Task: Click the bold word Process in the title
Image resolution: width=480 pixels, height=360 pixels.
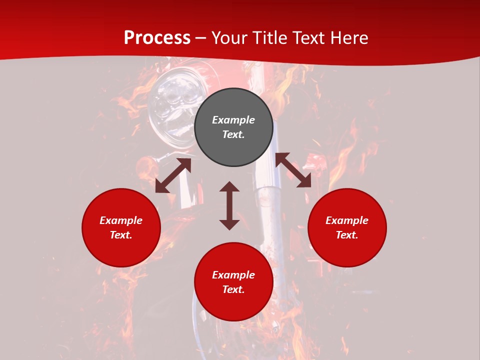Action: (x=157, y=38)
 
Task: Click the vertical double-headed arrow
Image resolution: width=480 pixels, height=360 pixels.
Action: (x=229, y=205)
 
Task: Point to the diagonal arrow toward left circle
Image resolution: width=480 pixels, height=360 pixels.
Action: (x=173, y=175)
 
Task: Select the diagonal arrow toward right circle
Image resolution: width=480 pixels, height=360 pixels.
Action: (x=293, y=170)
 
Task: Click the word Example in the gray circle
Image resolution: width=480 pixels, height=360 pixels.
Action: (x=233, y=120)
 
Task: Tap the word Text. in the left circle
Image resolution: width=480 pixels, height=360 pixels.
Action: (x=121, y=235)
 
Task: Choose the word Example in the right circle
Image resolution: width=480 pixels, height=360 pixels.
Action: (x=347, y=220)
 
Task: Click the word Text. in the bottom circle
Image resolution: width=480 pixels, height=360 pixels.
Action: (x=233, y=289)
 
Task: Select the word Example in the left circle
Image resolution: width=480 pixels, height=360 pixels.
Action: (x=121, y=220)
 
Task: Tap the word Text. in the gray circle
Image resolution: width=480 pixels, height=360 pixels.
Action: (x=233, y=134)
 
